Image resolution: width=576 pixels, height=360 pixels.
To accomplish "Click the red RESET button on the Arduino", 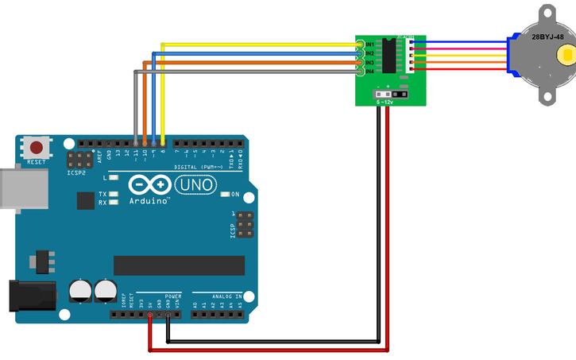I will click(x=37, y=148).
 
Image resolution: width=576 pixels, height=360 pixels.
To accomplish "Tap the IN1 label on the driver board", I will click(x=369, y=44).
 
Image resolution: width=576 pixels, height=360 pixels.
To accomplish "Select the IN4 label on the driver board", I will click(x=369, y=72).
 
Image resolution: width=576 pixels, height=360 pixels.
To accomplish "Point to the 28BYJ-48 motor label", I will click(x=547, y=37).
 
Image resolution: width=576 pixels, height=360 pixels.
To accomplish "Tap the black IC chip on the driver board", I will click(x=389, y=56).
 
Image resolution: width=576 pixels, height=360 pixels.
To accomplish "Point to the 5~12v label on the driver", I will click(x=385, y=102).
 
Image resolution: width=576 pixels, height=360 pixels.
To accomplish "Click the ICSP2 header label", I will click(x=77, y=172).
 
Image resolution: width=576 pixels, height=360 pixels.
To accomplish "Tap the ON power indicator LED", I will click(x=225, y=194).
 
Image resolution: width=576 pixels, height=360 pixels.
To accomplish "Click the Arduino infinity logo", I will click(x=149, y=185).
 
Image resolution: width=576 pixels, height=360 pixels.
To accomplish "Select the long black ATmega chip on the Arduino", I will click(x=179, y=265).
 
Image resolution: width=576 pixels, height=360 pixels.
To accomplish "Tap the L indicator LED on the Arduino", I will click(x=114, y=178).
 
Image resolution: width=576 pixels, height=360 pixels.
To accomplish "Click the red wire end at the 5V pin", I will click(x=150, y=316).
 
